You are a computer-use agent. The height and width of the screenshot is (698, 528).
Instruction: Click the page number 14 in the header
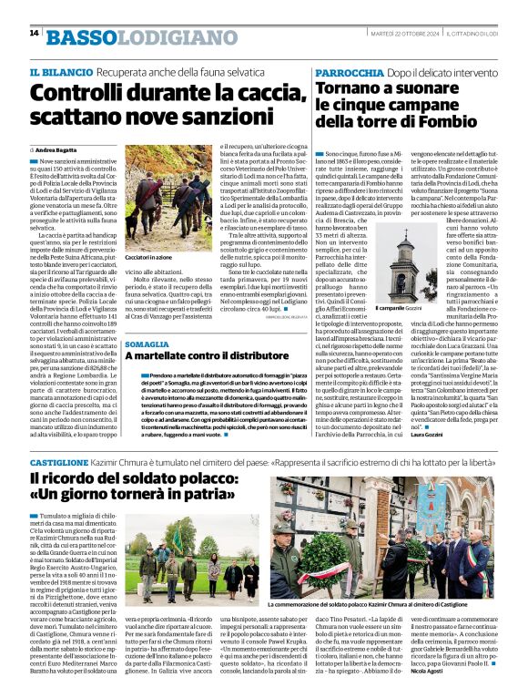coord(34,33)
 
